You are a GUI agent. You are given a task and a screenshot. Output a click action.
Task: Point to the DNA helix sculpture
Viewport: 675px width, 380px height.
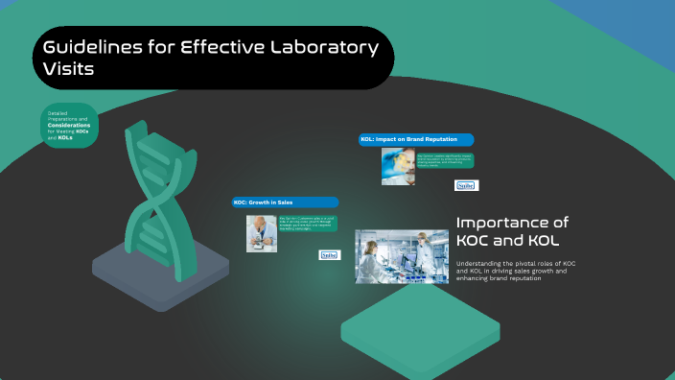point(153,192)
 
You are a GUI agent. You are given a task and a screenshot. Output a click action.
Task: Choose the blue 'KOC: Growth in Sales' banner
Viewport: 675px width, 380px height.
point(285,202)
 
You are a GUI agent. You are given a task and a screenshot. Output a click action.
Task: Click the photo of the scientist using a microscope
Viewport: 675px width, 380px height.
point(261,232)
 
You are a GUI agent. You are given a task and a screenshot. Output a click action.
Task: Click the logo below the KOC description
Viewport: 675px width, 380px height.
point(329,255)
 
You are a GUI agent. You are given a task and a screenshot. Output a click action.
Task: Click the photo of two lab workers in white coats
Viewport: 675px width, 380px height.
point(401,255)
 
